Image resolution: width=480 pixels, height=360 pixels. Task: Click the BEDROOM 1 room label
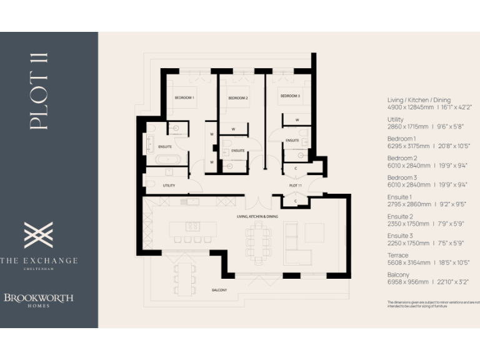(184, 97)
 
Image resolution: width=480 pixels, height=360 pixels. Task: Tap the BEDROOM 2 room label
(237, 98)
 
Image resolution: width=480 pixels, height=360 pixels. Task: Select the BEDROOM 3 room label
(289, 96)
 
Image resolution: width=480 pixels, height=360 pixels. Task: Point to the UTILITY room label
(169, 186)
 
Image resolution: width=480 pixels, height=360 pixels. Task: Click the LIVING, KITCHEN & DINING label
(257, 216)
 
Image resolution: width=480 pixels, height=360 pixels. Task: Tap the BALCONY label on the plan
(219, 290)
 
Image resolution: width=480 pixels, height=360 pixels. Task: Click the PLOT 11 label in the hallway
(296, 186)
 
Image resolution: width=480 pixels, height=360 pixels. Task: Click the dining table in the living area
(259, 241)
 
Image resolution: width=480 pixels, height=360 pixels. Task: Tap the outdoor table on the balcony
(184, 277)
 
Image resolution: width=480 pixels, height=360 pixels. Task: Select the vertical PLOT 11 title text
(39, 91)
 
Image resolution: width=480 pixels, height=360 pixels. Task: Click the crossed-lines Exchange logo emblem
(39, 235)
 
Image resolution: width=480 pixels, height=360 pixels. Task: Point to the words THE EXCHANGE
(39, 260)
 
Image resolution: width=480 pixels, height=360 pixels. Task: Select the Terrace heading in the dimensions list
(396, 255)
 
